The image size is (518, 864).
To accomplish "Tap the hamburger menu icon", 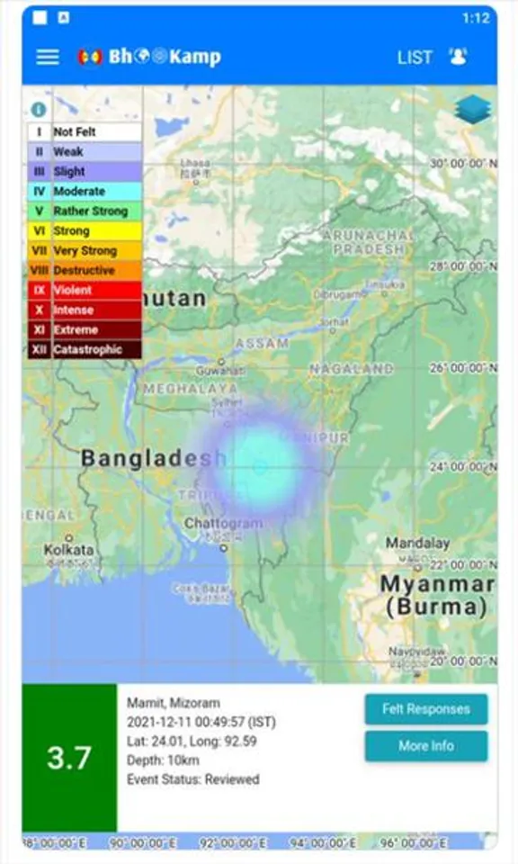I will click(48, 57).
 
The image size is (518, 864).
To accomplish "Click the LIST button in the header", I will click(415, 57).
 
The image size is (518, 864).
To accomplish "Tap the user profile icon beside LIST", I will click(458, 57).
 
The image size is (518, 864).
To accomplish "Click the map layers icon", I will click(473, 109).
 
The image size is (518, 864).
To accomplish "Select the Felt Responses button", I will click(425, 709).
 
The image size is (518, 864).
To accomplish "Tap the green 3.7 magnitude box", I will click(69, 758).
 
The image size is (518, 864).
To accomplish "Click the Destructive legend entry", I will click(84, 270).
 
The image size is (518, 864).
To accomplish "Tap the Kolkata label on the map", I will click(69, 549).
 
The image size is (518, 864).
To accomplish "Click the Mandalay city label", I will click(417, 543).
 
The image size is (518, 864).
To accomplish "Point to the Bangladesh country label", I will click(154, 458).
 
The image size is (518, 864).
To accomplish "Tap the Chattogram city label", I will click(223, 523).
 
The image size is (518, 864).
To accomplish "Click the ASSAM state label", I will click(262, 343).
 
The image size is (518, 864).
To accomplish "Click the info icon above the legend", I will click(38, 110).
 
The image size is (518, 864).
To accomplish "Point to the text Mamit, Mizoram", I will click(173, 703).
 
